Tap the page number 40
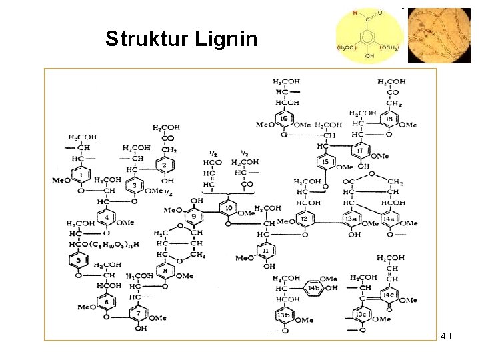pos(446,336)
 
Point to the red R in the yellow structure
pos(355,13)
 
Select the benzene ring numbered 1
pos(81,175)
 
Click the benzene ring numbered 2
pos(164,165)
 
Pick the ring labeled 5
pos(79,260)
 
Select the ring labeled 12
pos(303,219)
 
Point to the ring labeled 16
pos(284,119)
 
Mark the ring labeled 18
pos(390,119)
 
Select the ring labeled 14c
pos(389,295)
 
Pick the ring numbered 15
pos(325,162)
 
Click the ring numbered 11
pos(265,251)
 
